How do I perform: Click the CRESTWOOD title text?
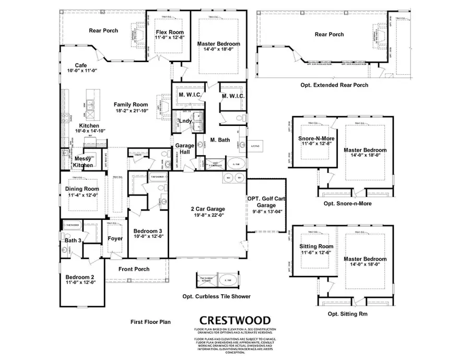[234, 320]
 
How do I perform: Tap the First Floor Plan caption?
[150, 322]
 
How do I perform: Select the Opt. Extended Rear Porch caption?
[334, 85]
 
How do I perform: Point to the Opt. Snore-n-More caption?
[347, 203]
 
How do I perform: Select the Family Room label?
[131, 104]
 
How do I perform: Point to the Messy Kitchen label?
[83, 162]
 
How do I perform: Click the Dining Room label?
[82, 189]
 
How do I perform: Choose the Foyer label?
[115, 239]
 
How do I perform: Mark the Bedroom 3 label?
[148, 230]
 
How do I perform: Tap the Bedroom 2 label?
[80, 277]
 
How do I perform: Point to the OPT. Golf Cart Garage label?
[267, 202]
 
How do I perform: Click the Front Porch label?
[134, 269]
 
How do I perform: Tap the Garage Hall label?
[184, 148]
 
